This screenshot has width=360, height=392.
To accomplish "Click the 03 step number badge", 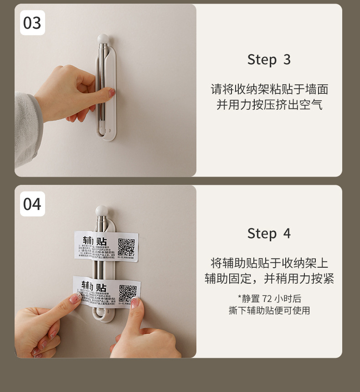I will tap(32, 23).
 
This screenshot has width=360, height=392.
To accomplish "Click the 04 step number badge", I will tap(32, 204).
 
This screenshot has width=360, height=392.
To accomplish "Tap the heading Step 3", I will tap(269, 60).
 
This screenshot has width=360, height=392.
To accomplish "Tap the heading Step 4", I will tap(269, 234).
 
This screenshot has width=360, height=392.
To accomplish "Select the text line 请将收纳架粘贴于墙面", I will tap(269, 89).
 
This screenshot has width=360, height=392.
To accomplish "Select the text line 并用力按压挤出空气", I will tap(269, 105).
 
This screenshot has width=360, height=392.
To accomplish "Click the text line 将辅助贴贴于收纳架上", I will tap(269, 263).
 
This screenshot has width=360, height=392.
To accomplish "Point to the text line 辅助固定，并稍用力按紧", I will tap(269, 279).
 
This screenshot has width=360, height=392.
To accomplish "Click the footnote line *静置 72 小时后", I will tap(269, 299).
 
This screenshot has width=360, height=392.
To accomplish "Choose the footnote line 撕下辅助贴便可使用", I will tap(269, 311).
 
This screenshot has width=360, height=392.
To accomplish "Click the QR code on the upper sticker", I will tap(126, 247).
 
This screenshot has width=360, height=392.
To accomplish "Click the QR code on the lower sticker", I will tap(128, 293).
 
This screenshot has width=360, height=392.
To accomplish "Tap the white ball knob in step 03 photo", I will tap(103, 38).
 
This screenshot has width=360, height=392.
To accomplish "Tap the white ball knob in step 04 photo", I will tap(101, 211).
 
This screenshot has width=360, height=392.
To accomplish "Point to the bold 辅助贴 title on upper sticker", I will tap(95, 241).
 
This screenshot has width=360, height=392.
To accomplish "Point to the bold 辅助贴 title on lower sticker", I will tap(94, 286).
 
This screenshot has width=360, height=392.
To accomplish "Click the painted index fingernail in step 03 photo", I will tap(112, 92).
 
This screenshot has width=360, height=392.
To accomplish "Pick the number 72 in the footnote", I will tap(267, 299).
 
